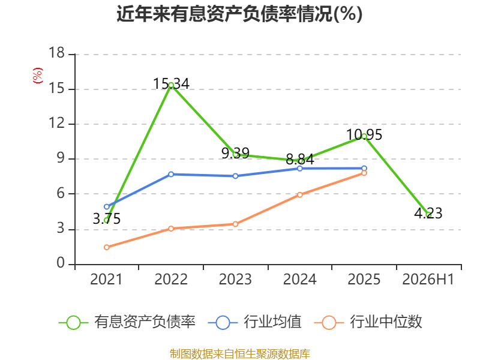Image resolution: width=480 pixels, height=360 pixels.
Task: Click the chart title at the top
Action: click(239, 14)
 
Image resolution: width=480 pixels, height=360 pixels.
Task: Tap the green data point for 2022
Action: click(171, 85)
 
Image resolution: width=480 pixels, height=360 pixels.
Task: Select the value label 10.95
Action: click(364, 134)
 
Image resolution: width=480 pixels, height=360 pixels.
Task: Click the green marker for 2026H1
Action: click(428, 214)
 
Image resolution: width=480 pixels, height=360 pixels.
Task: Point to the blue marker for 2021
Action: click(107, 206)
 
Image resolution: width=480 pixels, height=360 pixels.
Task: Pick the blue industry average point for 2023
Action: click(235, 176)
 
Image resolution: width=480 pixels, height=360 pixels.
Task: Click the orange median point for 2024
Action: click(299, 194)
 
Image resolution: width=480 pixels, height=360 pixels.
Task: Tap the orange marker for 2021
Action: click(107, 247)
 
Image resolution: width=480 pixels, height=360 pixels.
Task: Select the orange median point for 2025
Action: click(364, 173)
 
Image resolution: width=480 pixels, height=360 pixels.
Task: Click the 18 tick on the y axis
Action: click(57, 53)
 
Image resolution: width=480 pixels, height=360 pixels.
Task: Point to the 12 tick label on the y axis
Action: click(57, 123)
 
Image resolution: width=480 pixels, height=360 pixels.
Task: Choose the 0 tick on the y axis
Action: click(61, 263)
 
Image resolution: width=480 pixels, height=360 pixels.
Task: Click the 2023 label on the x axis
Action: click(235, 279)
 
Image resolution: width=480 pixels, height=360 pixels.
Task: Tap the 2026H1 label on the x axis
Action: click(428, 279)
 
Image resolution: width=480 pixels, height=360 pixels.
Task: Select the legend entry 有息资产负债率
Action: click(127, 322)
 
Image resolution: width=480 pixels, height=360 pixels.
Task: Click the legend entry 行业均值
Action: click(254, 322)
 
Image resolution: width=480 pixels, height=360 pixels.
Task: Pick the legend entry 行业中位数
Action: click(368, 322)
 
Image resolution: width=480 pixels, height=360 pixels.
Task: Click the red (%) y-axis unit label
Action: click(37, 76)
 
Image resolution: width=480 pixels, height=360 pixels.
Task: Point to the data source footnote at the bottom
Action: click(239, 354)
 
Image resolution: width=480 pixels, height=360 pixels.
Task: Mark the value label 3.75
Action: click(107, 219)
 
